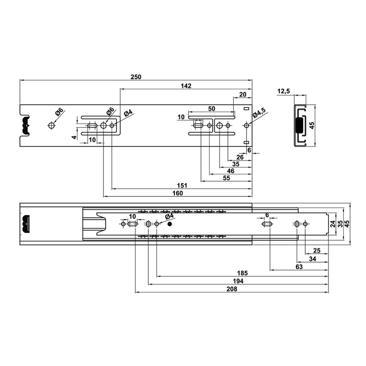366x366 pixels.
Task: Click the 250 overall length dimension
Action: pyautogui.click(x=136, y=77)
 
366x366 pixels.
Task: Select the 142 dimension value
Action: pyautogui.click(x=186, y=86)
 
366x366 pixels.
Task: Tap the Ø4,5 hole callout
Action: pyautogui.click(x=259, y=113)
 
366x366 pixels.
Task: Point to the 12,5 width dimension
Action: pyautogui.click(x=284, y=91)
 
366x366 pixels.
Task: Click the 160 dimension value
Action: pyautogui.click(x=178, y=193)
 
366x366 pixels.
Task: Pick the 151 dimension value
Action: pyautogui.click(x=182, y=186)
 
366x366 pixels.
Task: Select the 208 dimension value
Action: pyautogui.click(x=232, y=289)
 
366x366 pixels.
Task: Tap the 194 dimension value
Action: pyautogui.click(x=238, y=281)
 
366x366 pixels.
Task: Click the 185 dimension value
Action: pyautogui.click(x=242, y=273)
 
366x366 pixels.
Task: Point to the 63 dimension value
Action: pyautogui.click(x=299, y=267)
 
